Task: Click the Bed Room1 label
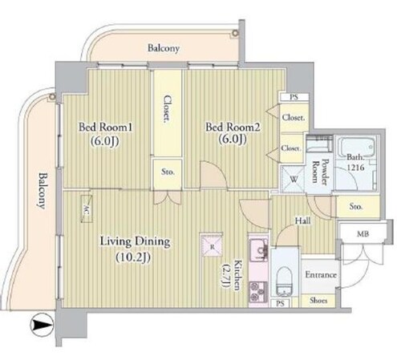[105, 127]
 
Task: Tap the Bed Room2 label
[233, 127]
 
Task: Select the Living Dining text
[135, 241]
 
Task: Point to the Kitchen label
[237, 275]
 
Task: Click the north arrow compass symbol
[43, 325]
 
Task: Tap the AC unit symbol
[87, 208]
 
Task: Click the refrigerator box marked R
[212, 245]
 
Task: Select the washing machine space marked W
[294, 179]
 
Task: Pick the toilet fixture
[285, 281]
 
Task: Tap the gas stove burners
[258, 292]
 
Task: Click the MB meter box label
[363, 234]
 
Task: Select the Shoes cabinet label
[318, 301]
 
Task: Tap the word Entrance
[321, 275]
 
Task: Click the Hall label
[302, 220]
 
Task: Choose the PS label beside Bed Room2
[294, 97]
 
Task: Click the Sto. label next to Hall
[356, 206]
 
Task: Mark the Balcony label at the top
[164, 48]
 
